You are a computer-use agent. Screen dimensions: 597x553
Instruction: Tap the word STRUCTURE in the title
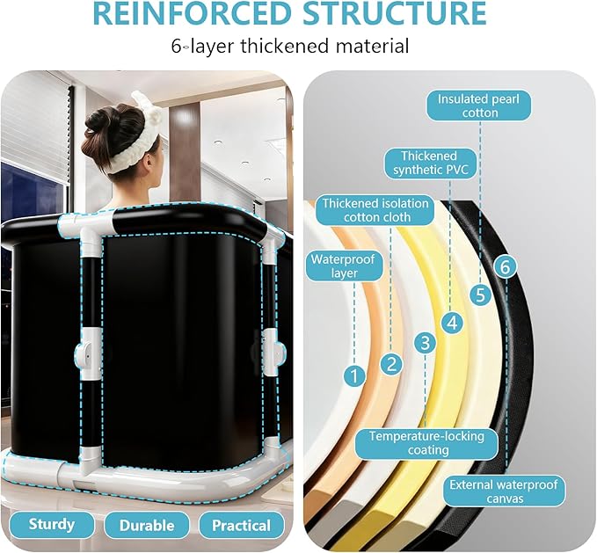point(395,13)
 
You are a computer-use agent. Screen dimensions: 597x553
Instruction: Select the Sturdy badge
point(52,525)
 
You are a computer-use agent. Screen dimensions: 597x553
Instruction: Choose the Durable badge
point(147,525)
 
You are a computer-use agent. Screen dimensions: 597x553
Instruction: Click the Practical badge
point(242,525)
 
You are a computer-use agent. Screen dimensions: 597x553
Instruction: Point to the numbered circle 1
point(354,376)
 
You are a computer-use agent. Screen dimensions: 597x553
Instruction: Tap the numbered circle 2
point(391,364)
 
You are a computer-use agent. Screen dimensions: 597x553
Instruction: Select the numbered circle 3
point(425,343)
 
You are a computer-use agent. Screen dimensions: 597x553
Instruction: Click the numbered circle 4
point(452,324)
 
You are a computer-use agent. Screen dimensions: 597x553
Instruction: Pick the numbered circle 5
point(480,295)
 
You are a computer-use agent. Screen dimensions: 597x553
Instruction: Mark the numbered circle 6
point(505,266)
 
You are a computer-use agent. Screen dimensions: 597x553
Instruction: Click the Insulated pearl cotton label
point(478,106)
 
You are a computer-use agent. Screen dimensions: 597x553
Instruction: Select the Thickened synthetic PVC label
point(430,163)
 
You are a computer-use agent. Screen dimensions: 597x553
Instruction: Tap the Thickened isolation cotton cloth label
point(375,210)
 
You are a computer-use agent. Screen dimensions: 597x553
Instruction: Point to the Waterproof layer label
point(344,266)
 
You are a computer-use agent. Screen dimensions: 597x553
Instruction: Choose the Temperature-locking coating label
point(426,443)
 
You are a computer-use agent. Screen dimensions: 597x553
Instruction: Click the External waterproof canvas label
point(504,491)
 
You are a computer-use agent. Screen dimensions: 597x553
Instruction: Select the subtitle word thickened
point(284,46)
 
